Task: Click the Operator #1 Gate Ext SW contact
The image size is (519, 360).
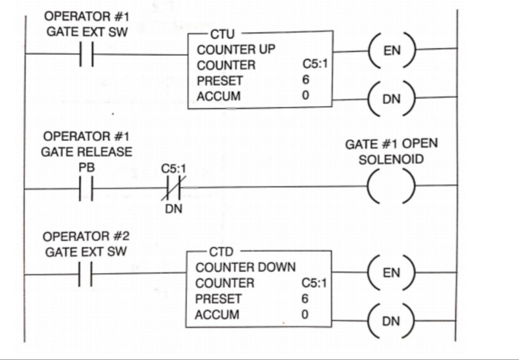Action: coord(86,54)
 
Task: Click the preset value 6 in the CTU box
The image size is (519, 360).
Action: coord(306,80)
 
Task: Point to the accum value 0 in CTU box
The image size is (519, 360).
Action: coord(306,96)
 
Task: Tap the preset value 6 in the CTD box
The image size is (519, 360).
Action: coord(305,299)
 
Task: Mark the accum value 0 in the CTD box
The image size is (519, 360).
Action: coord(305,314)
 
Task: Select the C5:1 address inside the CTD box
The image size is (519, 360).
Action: coord(314,283)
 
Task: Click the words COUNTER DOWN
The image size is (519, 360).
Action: coord(245,268)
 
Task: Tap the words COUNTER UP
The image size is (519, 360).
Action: coord(236,50)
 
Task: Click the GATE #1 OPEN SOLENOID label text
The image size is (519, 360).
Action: coord(391,152)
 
